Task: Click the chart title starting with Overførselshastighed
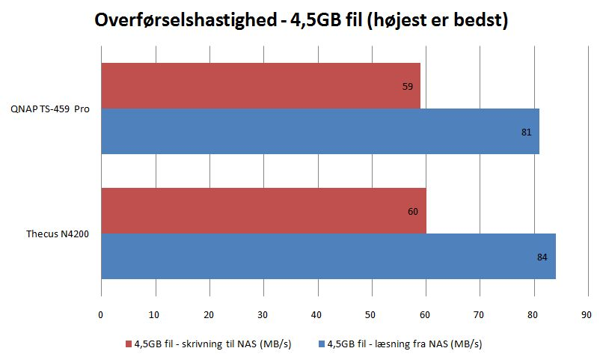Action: pyautogui.click(x=302, y=20)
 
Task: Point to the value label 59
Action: pyautogui.click(x=408, y=87)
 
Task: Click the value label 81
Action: pyautogui.click(x=527, y=132)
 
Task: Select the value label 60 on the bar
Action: pyautogui.click(x=413, y=212)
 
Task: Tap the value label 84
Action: pyautogui.click(x=542, y=257)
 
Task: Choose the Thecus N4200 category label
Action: pyautogui.click(x=52, y=234)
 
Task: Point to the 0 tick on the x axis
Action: pyautogui.click(x=101, y=314)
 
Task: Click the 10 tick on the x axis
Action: pyautogui.click(x=155, y=314)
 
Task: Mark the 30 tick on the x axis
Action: pyautogui.click(x=263, y=314)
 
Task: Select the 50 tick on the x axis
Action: pyautogui.click(x=372, y=314)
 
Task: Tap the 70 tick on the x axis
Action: pyautogui.click(x=480, y=314)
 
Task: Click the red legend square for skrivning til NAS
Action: pyautogui.click(x=129, y=344)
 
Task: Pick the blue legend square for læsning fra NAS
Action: pyautogui.click(x=322, y=344)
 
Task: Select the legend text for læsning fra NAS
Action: pyautogui.click(x=405, y=344)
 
